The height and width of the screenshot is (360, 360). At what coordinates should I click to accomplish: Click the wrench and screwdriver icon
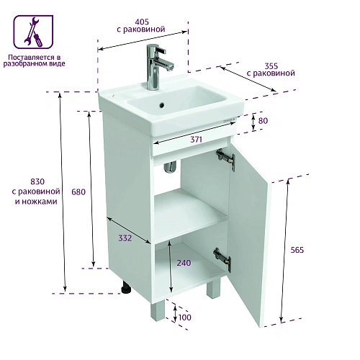33,32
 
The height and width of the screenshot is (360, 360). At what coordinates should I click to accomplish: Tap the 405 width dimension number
142,22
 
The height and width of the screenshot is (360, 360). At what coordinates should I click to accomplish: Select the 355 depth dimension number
271,66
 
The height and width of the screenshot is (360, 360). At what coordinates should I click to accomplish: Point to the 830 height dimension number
37,181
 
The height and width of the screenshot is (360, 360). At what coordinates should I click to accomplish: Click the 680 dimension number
78,192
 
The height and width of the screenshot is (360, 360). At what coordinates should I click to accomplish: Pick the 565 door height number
297,250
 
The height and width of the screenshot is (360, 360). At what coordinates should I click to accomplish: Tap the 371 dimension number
196,139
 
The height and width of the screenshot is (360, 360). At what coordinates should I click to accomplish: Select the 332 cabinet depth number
125,238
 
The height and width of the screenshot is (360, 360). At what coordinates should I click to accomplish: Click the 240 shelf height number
184,263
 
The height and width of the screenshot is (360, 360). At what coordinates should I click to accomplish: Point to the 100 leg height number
185,318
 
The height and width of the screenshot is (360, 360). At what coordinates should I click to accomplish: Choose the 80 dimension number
263,121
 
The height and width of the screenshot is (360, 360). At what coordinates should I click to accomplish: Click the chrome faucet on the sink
157,67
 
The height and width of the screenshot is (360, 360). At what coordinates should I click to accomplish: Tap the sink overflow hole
162,104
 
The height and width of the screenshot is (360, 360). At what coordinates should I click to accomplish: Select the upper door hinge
225,158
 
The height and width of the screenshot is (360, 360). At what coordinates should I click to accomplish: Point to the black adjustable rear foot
126,287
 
